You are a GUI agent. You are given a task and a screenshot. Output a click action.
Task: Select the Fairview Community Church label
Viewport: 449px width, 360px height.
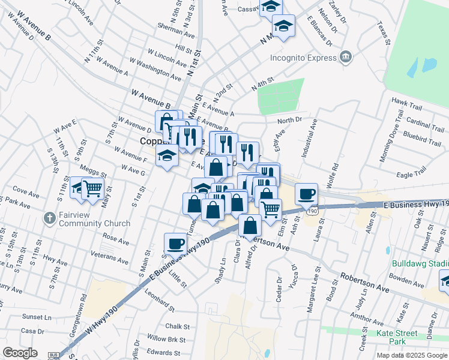coord(95,220)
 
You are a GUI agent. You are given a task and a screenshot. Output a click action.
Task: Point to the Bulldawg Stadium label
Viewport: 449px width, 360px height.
coord(420,263)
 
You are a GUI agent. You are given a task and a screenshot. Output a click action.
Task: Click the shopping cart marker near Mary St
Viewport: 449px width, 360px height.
coord(92,188)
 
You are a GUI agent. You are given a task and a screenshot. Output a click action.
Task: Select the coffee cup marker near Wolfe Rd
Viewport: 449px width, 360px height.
coord(307,193)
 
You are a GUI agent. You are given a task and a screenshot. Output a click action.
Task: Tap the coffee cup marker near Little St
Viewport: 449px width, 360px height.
coord(175,244)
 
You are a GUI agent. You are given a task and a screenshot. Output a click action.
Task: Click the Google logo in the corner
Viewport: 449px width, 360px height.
coord(20,353)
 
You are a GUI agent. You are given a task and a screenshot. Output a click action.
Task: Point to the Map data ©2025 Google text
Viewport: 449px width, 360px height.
coord(412,355)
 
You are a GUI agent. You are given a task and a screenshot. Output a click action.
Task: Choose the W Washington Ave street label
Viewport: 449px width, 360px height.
coord(155,70)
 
